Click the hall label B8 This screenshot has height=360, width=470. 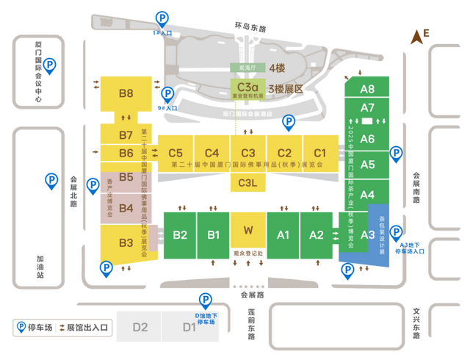tap(126, 93)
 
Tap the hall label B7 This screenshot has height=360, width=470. tap(126, 135)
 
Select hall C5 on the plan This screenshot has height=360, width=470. tap(176, 153)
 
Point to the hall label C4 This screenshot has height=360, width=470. tap(212, 153)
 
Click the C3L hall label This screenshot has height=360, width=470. tap(248, 184)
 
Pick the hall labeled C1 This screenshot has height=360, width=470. tap(320, 153)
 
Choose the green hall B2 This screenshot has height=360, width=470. tap(180, 235)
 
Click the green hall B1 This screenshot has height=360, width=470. tap(214, 235)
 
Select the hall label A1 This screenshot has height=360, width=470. tap(283, 235)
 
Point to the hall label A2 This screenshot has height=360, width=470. tap(317, 235)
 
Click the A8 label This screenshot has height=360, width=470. tap(368, 89)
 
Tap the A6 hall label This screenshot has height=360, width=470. tap(368, 139)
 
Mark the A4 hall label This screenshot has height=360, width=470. tap(368, 194)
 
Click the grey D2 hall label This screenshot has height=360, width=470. tap(140, 328)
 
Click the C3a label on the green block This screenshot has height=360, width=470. tap(246, 85)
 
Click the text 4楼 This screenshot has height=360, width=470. tap(277, 68)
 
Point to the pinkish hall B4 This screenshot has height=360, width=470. tap(126, 208)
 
